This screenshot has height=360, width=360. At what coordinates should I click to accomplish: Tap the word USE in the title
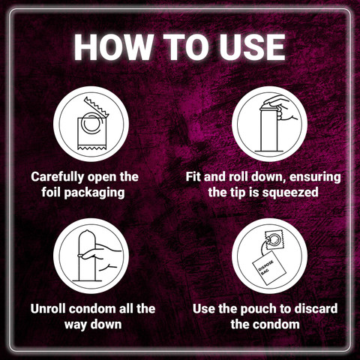(253, 47)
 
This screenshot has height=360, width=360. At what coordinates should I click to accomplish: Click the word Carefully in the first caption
(58, 178)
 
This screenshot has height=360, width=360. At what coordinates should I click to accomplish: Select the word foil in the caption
(51, 192)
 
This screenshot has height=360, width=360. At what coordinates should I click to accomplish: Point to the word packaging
(94, 193)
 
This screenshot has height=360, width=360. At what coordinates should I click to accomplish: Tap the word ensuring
(315, 178)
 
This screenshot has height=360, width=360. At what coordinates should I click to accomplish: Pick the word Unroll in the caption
(48, 309)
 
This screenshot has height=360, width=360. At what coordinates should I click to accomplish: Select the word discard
(316, 309)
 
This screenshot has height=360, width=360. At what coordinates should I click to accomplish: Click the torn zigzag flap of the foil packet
(97, 107)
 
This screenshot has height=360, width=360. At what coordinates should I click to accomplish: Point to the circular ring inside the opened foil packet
(91, 123)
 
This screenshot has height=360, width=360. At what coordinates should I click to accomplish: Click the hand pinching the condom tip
(283, 108)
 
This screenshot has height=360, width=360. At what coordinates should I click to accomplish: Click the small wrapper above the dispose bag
(274, 240)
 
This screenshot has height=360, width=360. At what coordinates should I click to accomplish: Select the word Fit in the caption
(193, 177)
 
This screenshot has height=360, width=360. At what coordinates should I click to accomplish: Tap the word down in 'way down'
(106, 324)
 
